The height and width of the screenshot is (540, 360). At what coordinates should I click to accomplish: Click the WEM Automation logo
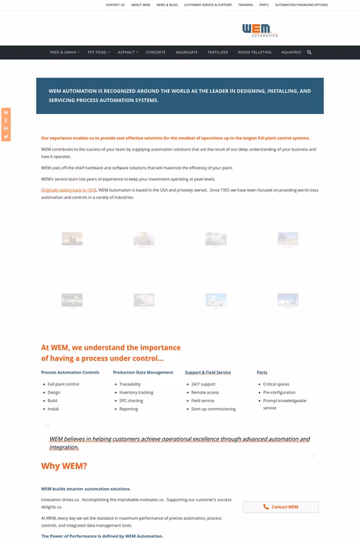point(259,30)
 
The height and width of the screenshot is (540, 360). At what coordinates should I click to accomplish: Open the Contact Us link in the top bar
point(115,4)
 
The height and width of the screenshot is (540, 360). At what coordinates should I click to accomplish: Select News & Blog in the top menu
point(167,4)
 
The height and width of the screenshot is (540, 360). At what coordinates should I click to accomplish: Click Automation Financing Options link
point(301,4)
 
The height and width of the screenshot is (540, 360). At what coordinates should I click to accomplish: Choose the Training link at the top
point(245,4)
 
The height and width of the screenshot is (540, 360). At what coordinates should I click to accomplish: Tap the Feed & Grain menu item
point(63,52)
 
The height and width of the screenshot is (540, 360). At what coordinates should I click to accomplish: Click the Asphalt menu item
point(126,52)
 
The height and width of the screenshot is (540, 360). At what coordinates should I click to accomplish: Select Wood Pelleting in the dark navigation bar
point(254,52)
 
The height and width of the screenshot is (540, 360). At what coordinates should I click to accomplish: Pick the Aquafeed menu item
point(291,52)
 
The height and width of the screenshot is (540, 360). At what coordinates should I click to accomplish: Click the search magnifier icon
point(309,52)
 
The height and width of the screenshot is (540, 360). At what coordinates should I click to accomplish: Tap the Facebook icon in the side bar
point(6,120)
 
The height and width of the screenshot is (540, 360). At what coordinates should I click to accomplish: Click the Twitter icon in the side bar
point(6,136)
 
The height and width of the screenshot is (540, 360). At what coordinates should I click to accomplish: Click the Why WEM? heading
point(64,466)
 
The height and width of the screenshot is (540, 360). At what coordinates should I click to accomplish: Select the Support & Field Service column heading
point(208,372)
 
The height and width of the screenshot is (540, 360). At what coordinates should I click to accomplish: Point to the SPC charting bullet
point(130,400)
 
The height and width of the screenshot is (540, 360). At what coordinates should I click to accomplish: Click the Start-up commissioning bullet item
point(213,409)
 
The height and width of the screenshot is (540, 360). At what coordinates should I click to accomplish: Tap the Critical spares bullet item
point(276,384)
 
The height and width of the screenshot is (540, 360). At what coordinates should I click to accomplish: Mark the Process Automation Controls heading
point(70,372)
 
